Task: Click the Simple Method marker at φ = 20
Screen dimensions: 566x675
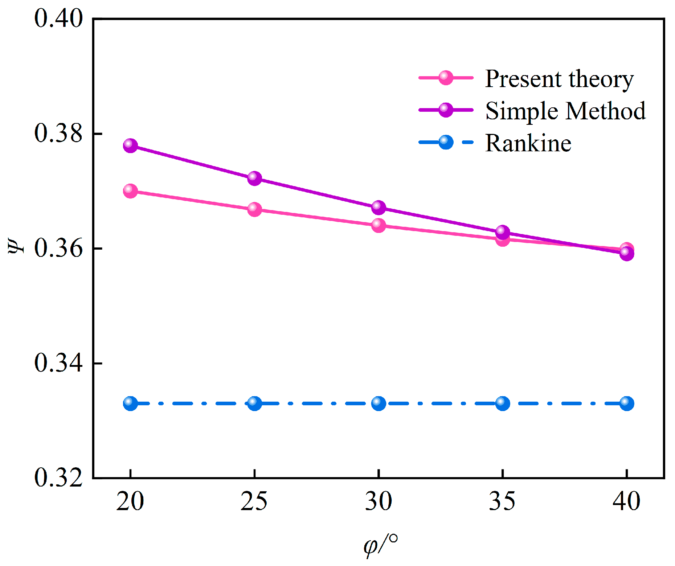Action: click(130, 145)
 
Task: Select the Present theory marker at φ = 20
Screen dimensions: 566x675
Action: click(130, 190)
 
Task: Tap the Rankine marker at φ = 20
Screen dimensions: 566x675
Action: click(130, 403)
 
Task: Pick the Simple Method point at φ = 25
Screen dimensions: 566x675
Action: click(254, 178)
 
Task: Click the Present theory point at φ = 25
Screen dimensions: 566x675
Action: click(254, 209)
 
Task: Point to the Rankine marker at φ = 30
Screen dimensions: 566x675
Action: click(379, 403)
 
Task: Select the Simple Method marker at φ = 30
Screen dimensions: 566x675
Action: click(379, 207)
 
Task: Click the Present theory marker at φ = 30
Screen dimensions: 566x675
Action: click(379, 225)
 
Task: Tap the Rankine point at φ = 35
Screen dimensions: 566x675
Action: click(503, 403)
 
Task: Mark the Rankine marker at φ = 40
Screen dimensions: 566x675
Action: click(627, 403)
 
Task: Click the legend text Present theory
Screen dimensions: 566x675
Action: click(559, 79)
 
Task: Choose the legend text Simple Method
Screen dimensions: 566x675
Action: click(565, 111)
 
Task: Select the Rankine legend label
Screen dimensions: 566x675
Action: click(528, 143)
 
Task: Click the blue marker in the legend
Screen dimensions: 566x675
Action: click(446, 142)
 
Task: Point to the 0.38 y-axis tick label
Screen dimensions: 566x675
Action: click(58, 133)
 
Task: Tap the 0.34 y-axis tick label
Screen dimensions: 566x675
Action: click(58, 363)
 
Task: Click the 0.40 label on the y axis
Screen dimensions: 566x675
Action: click(58, 18)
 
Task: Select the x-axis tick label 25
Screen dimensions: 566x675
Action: click(254, 502)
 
